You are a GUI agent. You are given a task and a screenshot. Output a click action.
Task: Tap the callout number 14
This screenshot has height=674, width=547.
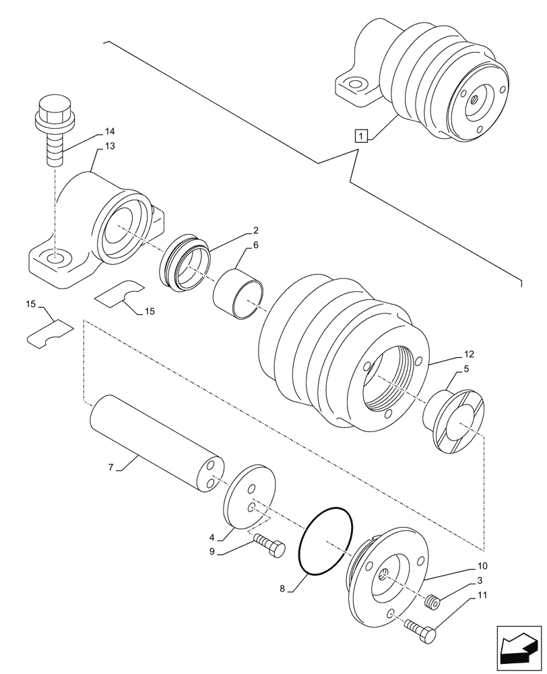pos(110,131)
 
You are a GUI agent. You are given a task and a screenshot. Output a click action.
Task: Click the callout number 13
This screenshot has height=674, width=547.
pos(110,146)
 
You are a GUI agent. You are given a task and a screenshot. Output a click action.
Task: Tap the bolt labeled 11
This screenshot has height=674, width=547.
pos(423,630)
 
